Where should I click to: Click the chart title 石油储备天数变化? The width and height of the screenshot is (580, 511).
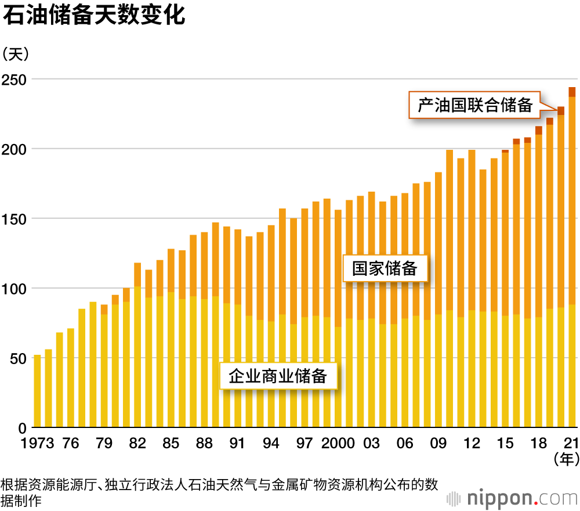pyautogui.click(x=95, y=16)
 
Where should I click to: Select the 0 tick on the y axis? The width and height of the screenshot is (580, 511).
pyautogui.click(x=22, y=428)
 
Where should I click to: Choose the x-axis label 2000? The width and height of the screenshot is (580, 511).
pyautogui.click(x=338, y=444)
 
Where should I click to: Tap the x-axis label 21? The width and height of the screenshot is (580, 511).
pyautogui.click(x=571, y=444)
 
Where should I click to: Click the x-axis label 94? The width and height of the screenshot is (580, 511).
pyautogui.click(x=271, y=444)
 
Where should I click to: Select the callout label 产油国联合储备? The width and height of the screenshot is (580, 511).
pyautogui.click(x=474, y=105)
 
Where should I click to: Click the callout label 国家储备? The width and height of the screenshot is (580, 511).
pyautogui.click(x=385, y=268)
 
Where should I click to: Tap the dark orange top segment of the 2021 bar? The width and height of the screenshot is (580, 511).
pyautogui.click(x=572, y=92)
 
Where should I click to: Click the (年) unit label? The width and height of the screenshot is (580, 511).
pyautogui.click(x=565, y=460)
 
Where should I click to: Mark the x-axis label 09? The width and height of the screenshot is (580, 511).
pyautogui.click(x=438, y=444)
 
